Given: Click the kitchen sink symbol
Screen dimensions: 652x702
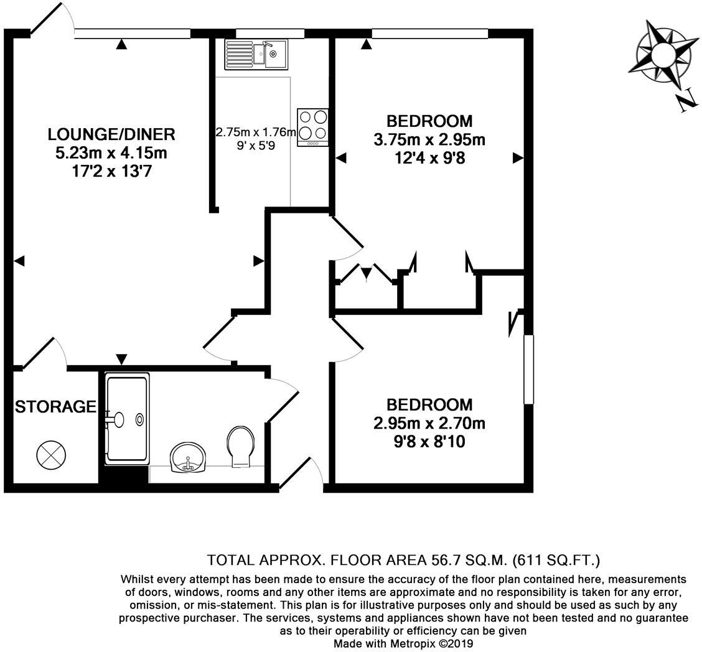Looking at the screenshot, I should (256, 54).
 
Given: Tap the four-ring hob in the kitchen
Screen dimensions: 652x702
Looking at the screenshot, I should (312, 126).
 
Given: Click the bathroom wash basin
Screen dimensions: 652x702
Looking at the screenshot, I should (188, 459).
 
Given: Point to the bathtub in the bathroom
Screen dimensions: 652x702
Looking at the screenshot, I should (127, 418).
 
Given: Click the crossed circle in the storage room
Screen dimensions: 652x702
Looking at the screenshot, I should (51, 455).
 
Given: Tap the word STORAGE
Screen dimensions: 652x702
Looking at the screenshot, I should (55, 407).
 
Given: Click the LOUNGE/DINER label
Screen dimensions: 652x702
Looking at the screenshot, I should (111, 134).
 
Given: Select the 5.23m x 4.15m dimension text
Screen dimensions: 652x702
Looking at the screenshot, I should (111, 152).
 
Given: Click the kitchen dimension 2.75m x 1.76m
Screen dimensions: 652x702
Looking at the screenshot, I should (255, 133).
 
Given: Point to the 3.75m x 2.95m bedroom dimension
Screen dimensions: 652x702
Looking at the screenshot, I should (429, 140).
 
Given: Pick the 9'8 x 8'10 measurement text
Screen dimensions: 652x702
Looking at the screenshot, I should (429, 442).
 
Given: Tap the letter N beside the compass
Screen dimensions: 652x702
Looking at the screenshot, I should (686, 100).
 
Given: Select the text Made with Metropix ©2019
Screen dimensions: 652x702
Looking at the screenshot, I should (404, 643).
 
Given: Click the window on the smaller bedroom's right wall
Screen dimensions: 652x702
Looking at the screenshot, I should (529, 370).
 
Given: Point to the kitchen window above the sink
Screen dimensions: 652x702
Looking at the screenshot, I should (269, 34).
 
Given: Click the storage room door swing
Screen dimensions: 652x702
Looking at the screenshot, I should (44, 353).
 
